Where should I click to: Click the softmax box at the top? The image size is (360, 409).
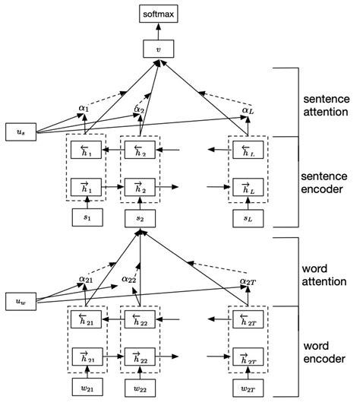(x=158, y=14)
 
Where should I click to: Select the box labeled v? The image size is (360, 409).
(x=158, y=51)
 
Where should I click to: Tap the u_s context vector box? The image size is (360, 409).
(x=20, y=132)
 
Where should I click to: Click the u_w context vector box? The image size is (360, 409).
(x=20, y=300)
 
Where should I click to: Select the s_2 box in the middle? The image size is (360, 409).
(x=140, y=220)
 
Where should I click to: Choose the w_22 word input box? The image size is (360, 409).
(x=140, y=390)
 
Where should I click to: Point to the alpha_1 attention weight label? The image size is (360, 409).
(x=84, y=109)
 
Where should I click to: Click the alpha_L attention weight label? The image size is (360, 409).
(x=247, y=111)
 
